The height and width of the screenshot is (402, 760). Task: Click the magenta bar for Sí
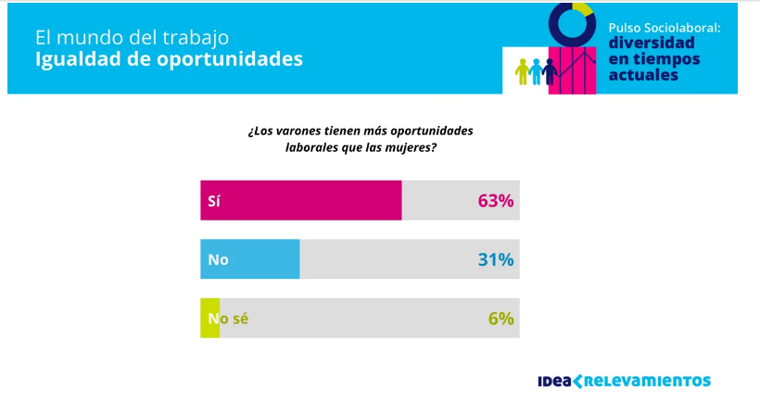tap(301, 200)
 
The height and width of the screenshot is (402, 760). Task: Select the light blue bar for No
tap(250, 259)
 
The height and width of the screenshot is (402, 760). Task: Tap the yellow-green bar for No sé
tap(210, 318)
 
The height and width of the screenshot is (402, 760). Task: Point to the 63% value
tap(495, 200)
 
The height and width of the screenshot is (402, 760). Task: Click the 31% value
tap(495, 259)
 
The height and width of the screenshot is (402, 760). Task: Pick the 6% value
tap(500, 318)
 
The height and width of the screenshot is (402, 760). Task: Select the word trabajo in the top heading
tap(192, 38)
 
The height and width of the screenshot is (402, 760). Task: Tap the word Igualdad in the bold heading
tap(72, 59)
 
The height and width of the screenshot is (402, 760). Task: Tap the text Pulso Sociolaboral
tap(664, 28)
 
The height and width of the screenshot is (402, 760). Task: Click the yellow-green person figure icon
tap(523, 70)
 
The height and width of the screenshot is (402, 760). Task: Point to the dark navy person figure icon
tap(550, 70)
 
